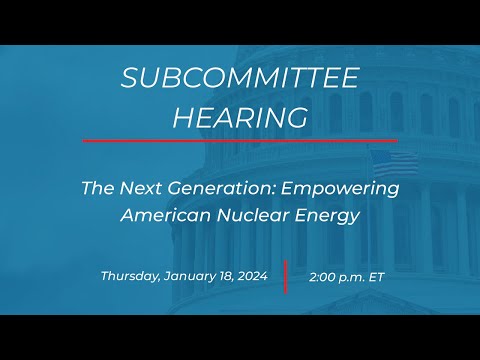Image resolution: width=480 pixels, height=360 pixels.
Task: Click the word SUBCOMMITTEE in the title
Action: [x=239, y=79]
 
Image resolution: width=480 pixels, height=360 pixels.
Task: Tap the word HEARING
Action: [x=239, y=117]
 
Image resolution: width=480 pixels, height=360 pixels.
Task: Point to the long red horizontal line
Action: [x=239, y=141]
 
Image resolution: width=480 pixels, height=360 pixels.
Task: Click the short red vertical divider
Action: [x=285, y=277]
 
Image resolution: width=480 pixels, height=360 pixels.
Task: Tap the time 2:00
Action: [x=322, y=277]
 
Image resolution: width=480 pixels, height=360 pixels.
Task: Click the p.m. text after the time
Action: [x=352, y=277]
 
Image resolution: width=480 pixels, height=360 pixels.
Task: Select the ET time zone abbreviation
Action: [x=378, y=277]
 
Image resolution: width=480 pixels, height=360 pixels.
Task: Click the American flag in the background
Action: [x=396, y=163]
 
